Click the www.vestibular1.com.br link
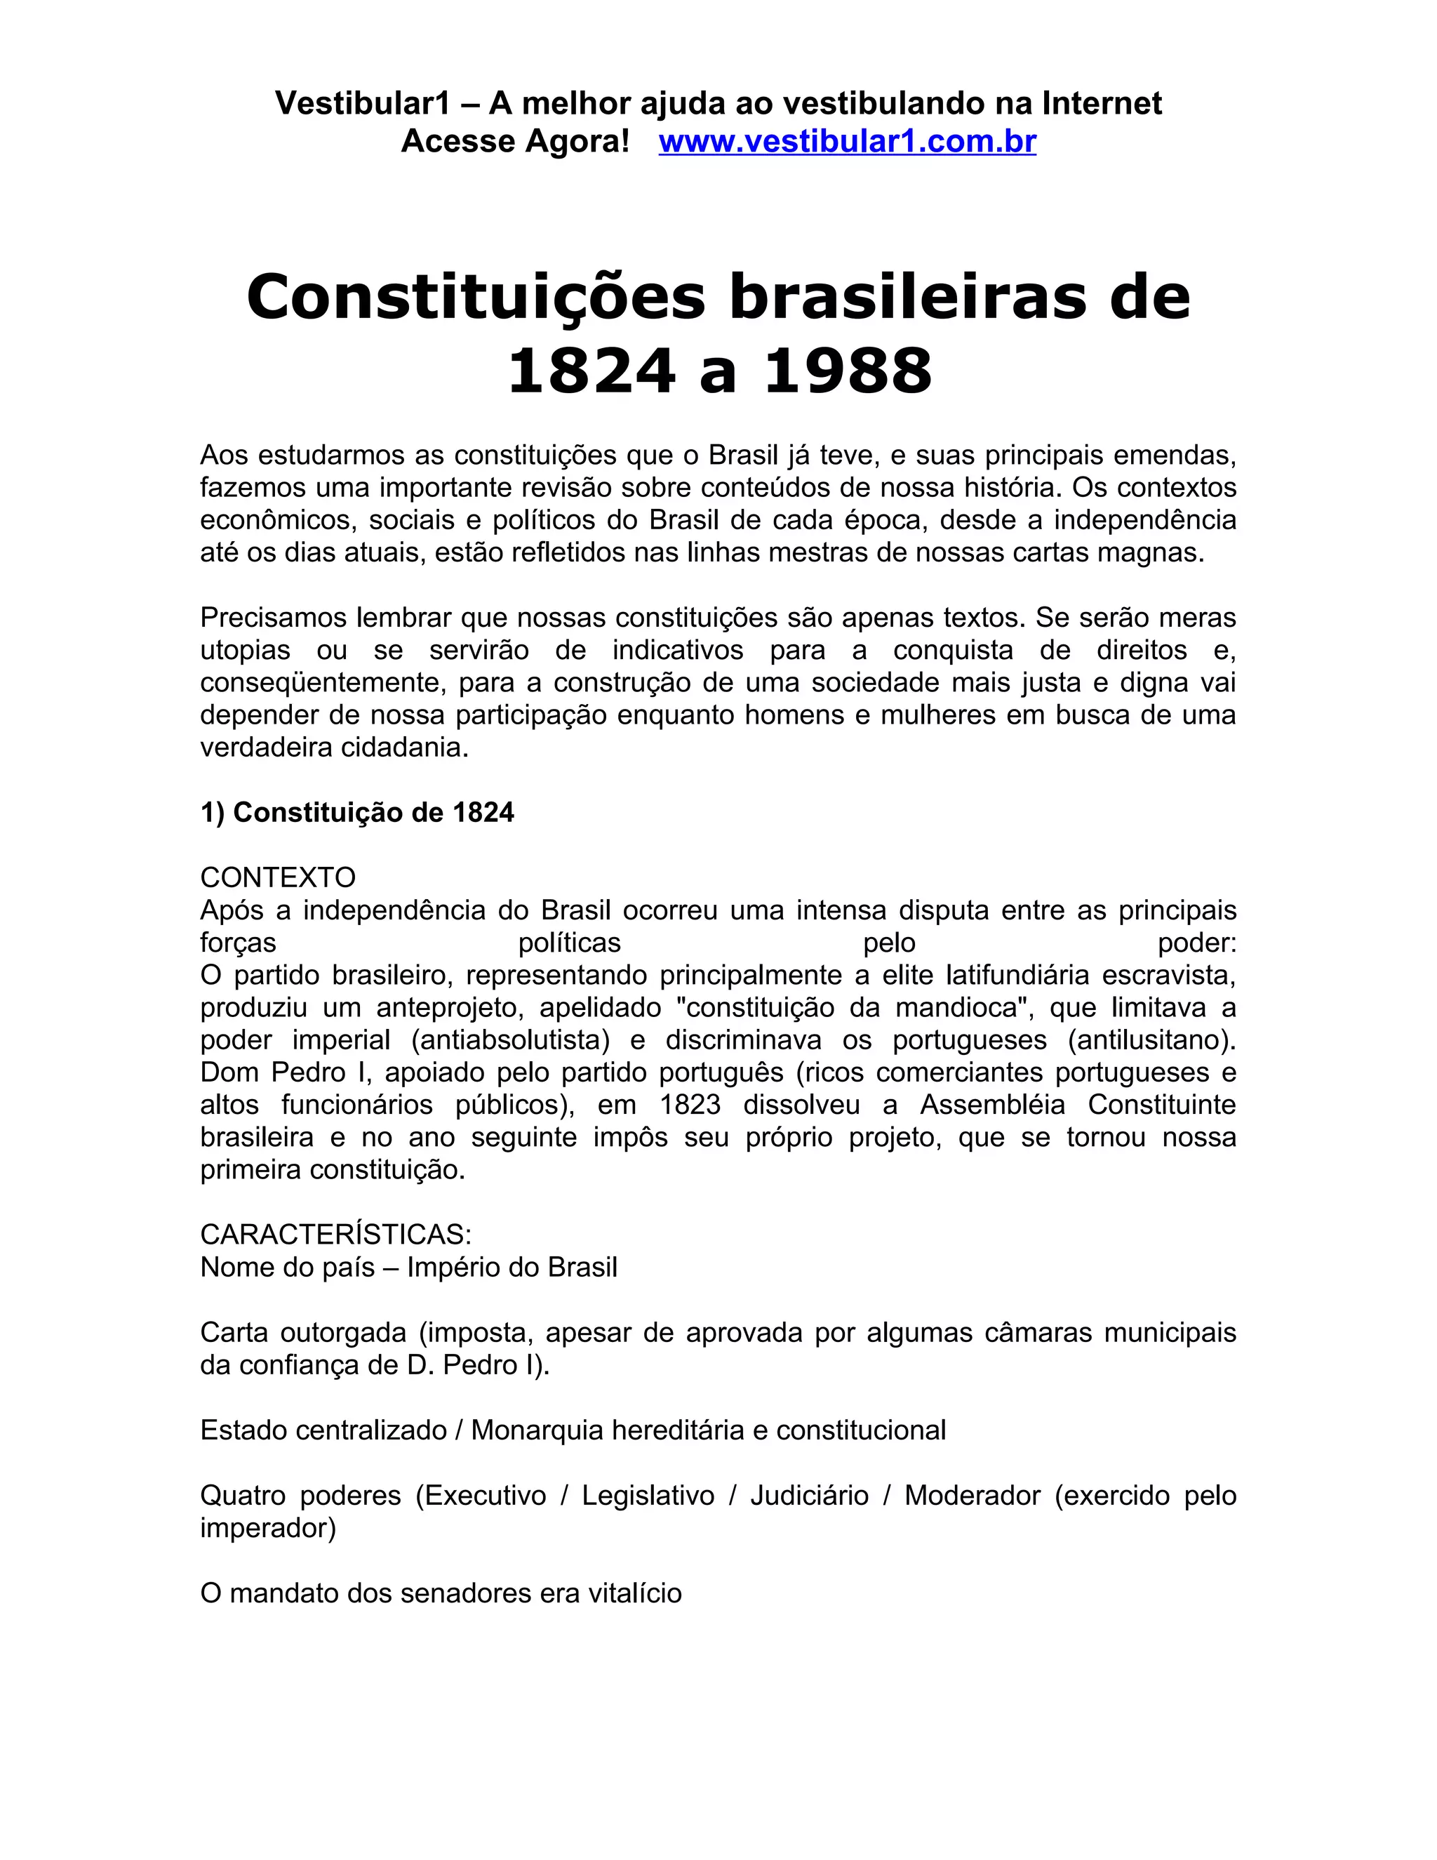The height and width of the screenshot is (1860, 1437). [x=847, y=141]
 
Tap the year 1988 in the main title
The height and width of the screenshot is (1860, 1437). [x=848, y=372]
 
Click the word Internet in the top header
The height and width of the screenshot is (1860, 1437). [x=1102, y=103]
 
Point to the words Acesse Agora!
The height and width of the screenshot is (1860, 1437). [x=515, y=141]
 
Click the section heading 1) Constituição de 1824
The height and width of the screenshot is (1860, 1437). [x=356, y=813]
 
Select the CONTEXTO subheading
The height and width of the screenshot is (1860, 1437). [x=278, y=877]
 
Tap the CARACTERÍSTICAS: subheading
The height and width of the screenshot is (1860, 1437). [x=335, y=1234]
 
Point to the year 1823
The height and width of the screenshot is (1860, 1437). [x=690, y=1105]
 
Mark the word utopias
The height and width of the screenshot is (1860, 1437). [x=245, y=650]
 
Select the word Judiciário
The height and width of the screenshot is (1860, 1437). [x=810, y=1494]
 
